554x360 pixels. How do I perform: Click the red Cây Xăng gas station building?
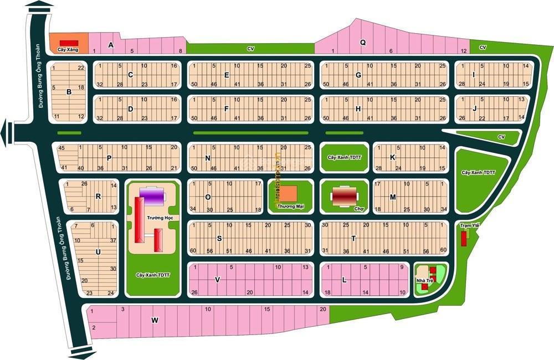coord(69,43)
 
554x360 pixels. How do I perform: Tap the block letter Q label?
coord(363,42)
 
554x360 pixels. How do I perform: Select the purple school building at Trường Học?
coord(151,196)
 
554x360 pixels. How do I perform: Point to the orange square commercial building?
coord(288,193)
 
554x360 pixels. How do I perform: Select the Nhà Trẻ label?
coord(424,281)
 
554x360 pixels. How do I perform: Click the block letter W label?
coord(155,320)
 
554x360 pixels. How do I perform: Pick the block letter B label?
coord(69,92)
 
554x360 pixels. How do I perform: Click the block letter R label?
coord(98,196)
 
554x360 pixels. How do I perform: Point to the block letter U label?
coord(98,252)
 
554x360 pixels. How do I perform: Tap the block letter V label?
coord(217,280)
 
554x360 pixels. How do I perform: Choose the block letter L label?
coord(344,280)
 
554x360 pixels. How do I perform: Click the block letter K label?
coord(392,157)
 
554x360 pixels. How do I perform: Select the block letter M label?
coord(392,197)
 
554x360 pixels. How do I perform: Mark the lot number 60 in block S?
coord(193,251)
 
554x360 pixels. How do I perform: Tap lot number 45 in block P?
coord(61,148)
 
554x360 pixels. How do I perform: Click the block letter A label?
coord(111,45)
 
